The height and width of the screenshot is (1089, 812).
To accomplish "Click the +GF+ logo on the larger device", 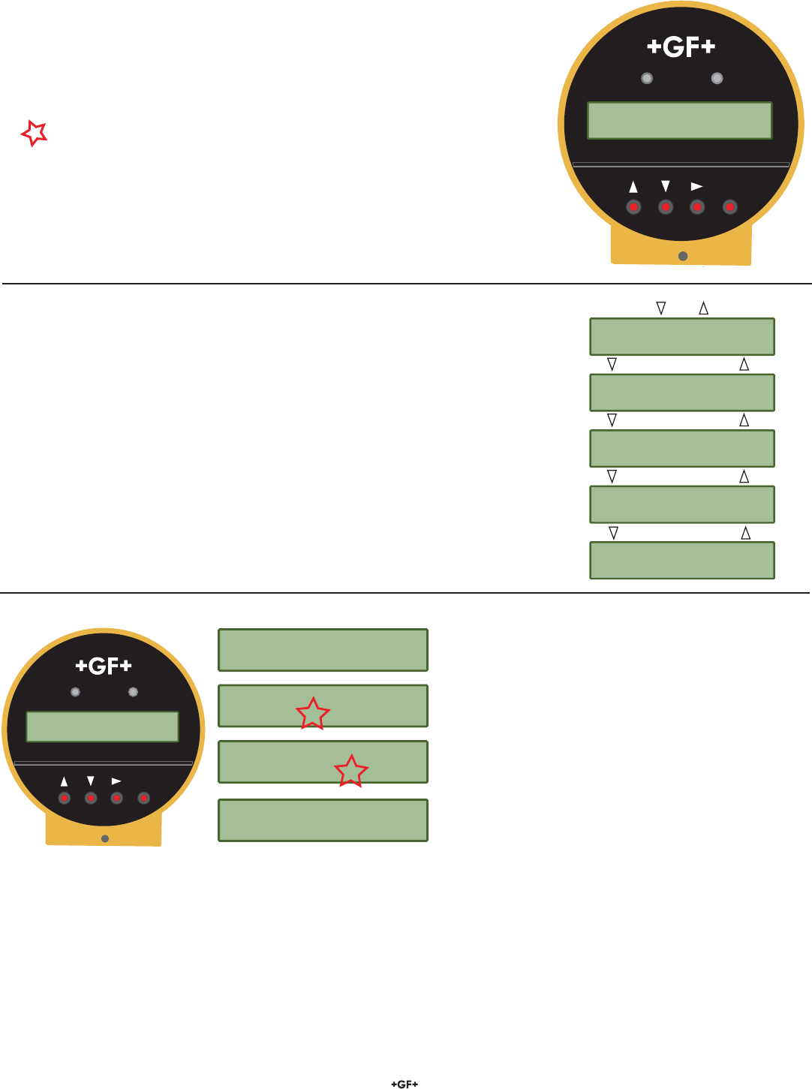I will pos(681,47).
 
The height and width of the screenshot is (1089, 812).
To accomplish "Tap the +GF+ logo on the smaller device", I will pos(104,666).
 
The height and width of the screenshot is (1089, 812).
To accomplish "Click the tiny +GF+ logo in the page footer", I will pos(404,1084).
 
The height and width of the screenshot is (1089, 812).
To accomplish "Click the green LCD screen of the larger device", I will pos(679,121).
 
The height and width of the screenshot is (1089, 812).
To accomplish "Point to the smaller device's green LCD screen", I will pos(102,727).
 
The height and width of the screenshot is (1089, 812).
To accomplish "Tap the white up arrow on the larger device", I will pos(633,187).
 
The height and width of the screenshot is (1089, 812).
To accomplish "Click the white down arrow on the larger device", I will pos(665,186).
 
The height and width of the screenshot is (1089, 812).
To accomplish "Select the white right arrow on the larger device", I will pos(697,186).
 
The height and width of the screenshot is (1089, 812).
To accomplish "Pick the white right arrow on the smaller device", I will pos(116,781).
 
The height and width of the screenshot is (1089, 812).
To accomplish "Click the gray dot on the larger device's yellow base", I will pos(683,256).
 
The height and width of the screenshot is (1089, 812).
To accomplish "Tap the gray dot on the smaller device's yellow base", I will pos(105,838).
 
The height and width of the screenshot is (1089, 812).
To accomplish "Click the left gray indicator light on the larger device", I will pos(647,78).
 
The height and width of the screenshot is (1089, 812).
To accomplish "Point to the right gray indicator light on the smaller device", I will pos(133,692).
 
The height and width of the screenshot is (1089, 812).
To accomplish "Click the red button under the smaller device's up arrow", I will pos(65,798).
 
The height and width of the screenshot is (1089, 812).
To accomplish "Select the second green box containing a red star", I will pos(323,762).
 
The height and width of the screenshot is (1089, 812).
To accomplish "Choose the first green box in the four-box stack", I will pos(323,650).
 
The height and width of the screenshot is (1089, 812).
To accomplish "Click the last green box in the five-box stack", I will pos(681,561).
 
